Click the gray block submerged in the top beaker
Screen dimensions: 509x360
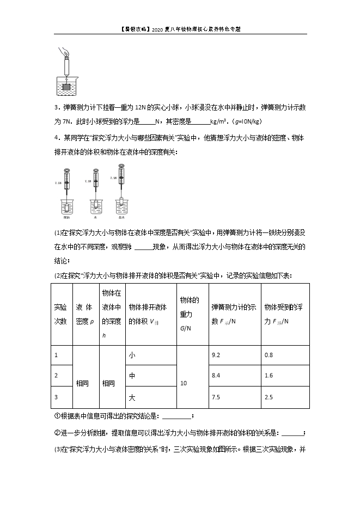click(x=66, y=86)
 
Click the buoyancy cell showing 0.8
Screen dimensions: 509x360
click(x=268, y=355)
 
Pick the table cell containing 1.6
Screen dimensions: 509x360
click(x=268, y=375)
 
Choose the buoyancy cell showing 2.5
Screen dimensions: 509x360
click(x=268, y=397)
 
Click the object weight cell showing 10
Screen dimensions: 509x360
click(x=184, y=383)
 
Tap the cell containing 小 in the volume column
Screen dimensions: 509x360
click(x=131, y=355)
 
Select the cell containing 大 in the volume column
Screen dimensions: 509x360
click(x=131, y=397)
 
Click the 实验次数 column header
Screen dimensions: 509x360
click(x=60, y=314)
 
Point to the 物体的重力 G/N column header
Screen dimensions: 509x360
click(x=189, y=314)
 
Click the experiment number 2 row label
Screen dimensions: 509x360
click(x=56, y=375)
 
